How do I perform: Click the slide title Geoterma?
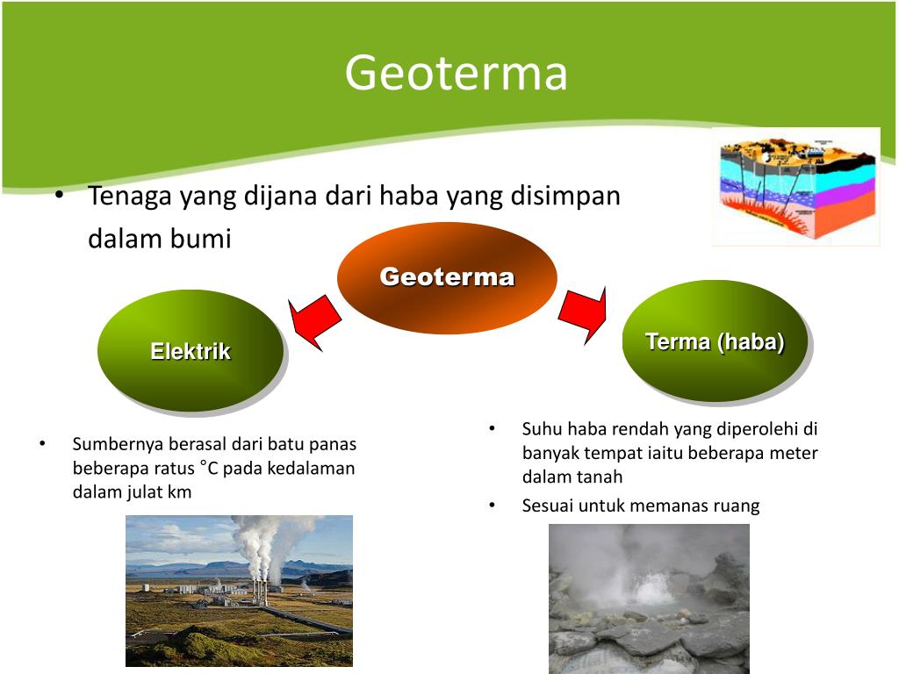[x=456, y=72]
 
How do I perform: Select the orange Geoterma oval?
[x=447, y=278]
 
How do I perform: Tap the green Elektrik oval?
[x=191, y=351]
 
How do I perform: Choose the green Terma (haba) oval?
[x=715, y=341]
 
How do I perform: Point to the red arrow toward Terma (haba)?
[x=584, y=314]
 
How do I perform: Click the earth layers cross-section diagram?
[x=796, y=187]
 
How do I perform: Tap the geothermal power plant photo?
[x=239, y=590]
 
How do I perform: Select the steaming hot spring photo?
[x=649, y=599]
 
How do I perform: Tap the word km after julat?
[x=180, y=492]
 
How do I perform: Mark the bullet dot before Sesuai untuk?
[x=493, y=505]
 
